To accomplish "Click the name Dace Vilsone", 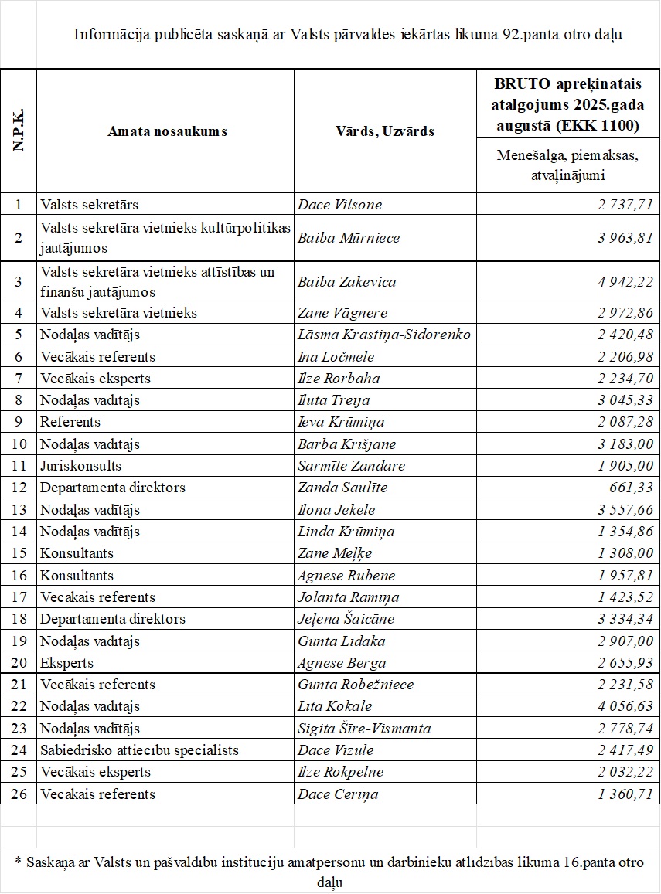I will pyautogui.click(x=339, y=205).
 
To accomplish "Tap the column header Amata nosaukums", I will pyautogui.click(x=167, y=131).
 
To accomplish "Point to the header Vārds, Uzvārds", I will pyautogui.click(x=384, y=131).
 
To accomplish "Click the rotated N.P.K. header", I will pyautogui.click(x=19, y=131).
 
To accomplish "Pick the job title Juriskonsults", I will pyautogui.click(x=81, y=466).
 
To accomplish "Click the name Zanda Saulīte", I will pyautogui.click(x=342, y=488).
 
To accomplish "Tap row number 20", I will pyautogui.click(x=19, y=663).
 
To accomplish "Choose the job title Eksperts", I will pyautogui.click(x=67, y=663).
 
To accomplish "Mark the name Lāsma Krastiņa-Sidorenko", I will pyautogui.click(x=384, y=335).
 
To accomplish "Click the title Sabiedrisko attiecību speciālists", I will pyautogui.click(x=140, y=750).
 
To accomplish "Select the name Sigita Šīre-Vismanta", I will pyautogui.click(x=364, y=729).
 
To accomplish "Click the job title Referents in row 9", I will pyautogui.click(x=70, y=422).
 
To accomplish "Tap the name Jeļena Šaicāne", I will pyautogui.click(x=346, y=619).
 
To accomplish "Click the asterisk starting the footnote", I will pyautogui.click(x=18, y=860).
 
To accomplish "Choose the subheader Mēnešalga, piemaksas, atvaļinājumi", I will pyautogui.click(x=567, y=165).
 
